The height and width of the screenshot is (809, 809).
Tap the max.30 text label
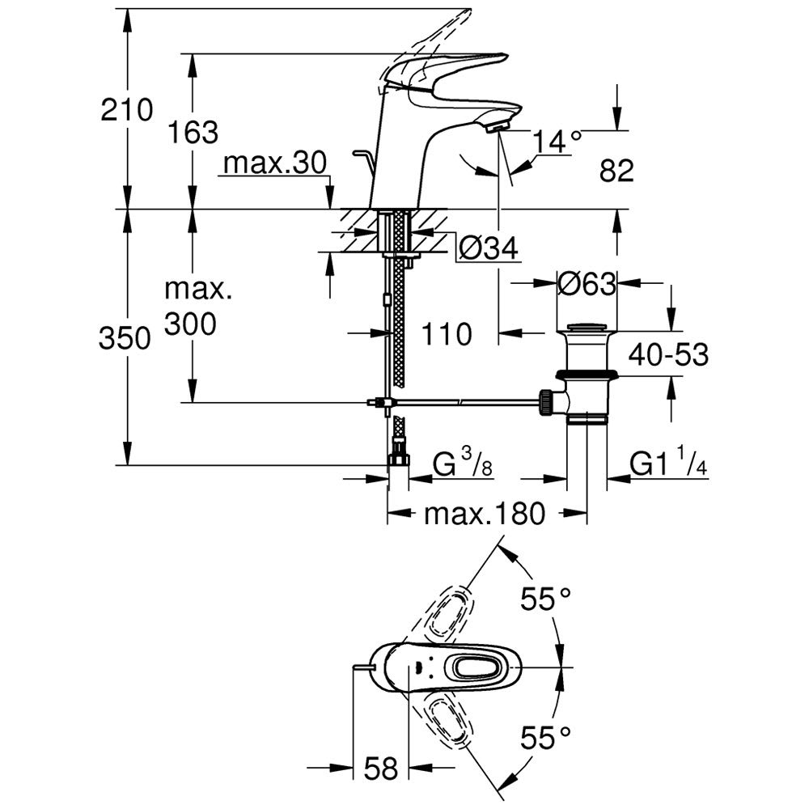coord(274,164)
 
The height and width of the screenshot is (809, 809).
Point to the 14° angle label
coord(558,142)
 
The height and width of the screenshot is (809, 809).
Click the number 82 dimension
coord(616,171)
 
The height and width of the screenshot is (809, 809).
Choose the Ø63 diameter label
coord(587,284)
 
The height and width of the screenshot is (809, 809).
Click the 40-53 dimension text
coord(667,355)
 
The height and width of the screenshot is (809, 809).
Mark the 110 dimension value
coord(444,332)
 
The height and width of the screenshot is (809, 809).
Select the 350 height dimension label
coord(125,339)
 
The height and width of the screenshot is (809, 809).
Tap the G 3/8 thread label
coord(464,465)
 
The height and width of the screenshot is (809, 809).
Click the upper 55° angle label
coord(545,600)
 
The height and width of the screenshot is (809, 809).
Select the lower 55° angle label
coord(545,737)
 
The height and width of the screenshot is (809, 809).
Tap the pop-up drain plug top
coord(587,328)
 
